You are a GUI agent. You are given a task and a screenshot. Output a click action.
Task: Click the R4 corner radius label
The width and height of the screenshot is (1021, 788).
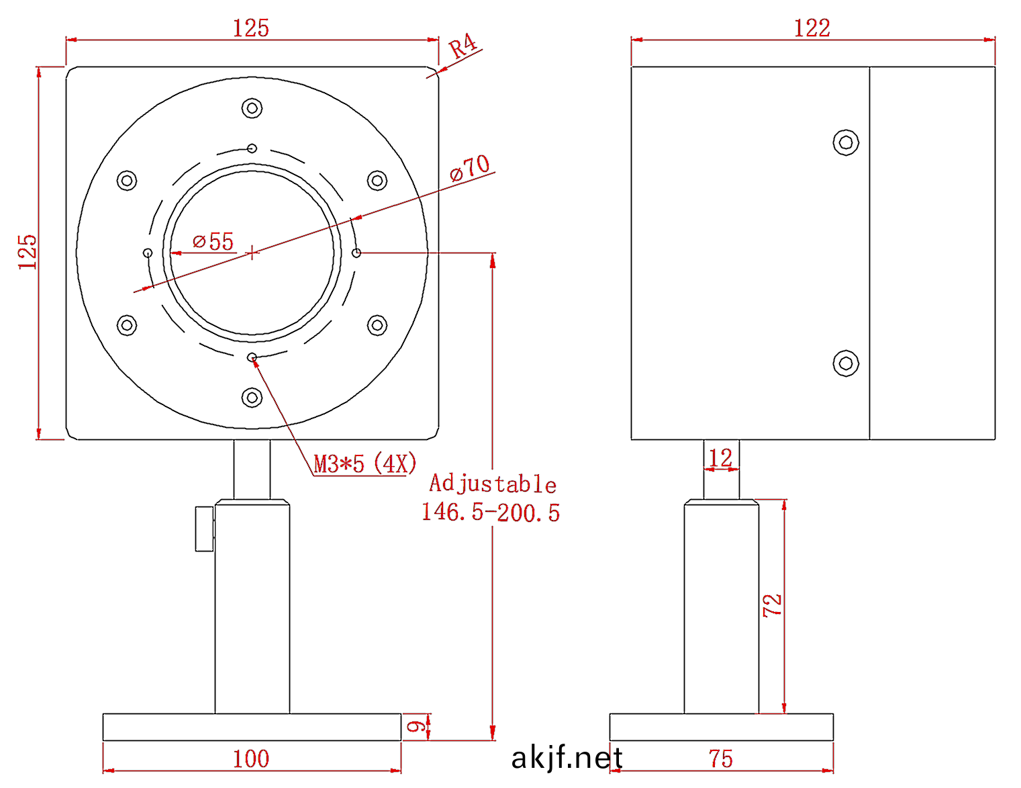pos(463,47)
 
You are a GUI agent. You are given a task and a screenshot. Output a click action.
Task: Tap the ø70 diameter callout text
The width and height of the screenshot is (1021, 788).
pos(471,168)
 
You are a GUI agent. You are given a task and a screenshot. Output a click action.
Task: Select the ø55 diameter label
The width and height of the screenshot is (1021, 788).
pos(213,241)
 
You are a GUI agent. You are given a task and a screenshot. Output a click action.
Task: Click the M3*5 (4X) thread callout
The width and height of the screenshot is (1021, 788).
pos(365,464)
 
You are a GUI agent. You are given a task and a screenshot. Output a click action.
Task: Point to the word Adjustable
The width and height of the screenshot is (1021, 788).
pos(493,484)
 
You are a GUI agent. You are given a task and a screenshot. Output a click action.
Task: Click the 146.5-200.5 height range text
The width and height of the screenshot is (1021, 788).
pos(491,513)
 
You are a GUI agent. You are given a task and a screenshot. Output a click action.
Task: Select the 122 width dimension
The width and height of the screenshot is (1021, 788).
pos(812,28)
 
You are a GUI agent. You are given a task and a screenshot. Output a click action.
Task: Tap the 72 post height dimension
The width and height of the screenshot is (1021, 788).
pos(773,605)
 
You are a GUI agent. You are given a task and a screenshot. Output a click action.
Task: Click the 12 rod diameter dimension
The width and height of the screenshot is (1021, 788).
pos(720,458)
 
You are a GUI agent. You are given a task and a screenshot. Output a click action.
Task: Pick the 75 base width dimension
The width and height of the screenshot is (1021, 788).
pos(721,759)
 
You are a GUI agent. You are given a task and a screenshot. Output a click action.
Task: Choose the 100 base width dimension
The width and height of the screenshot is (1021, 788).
pos(251,759)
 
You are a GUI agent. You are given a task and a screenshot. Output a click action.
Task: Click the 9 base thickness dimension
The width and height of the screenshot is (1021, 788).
pos(417,727)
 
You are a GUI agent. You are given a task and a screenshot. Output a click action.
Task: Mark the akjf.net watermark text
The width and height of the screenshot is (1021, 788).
pos(567,758)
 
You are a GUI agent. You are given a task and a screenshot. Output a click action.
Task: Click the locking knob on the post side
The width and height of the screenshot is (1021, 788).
pos(204,529)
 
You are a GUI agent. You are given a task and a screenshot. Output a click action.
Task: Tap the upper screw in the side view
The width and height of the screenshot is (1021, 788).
pos(846,142)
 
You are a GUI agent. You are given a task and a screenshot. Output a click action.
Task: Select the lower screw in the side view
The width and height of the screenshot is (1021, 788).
pos(846,363)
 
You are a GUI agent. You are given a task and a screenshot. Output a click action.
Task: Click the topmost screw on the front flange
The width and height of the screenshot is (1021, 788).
pos(252,107)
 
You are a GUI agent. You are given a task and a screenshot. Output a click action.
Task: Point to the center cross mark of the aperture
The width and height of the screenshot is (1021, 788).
pos(252,253)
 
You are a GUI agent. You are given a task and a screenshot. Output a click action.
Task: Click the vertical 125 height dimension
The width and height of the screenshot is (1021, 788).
pos(28,252)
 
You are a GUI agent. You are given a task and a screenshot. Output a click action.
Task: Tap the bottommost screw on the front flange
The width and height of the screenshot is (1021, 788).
pos(252,398)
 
